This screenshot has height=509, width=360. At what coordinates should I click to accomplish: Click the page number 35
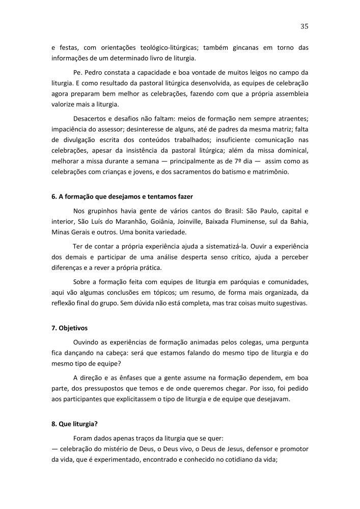point(304,26)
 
